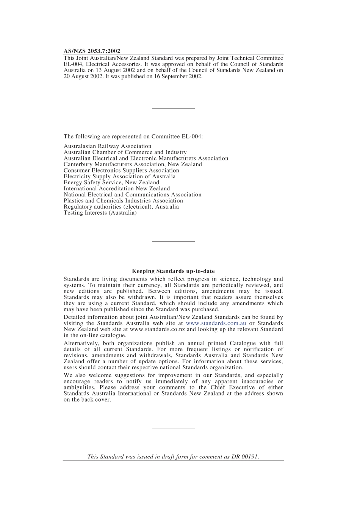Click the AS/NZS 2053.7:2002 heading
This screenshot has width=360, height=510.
tap(92, 51)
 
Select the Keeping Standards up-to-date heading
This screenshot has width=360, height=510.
tap(173, 271)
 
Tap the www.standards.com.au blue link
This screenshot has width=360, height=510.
tap(216, 323)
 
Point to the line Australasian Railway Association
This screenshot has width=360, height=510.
tap(107, 146)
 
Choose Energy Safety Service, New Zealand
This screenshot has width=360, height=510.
tap(111, 183)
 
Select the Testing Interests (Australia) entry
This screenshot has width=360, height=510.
tap(100, 213)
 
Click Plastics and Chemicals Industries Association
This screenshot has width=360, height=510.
tap(123, 201)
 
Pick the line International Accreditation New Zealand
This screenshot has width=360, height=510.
tap(117, 189)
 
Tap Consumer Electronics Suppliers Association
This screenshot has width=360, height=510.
tap(121, 171)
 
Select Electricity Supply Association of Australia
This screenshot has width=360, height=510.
tap(119, 177)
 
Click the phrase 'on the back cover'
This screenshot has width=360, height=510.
tap(87, 400)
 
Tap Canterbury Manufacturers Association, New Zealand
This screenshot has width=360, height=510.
tap(133, 165)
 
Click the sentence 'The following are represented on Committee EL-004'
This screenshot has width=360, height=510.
tap(133, 137)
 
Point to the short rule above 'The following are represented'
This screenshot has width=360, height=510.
tap(173, 109)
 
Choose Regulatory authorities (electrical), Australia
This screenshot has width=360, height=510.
tap(121, 207)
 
